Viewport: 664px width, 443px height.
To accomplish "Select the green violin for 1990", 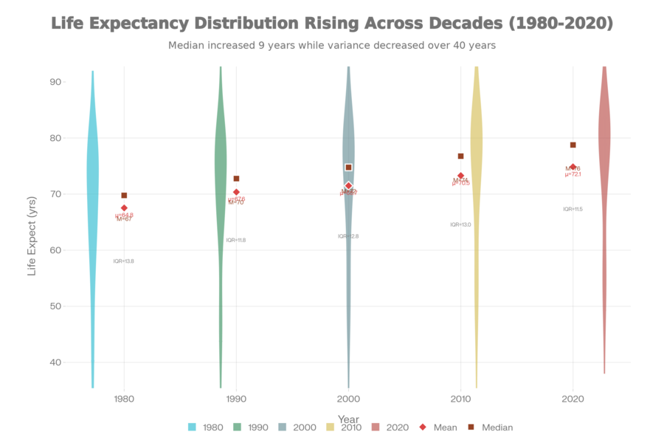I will (x=221, y=170).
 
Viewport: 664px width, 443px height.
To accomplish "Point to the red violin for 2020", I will (x=604, y=148).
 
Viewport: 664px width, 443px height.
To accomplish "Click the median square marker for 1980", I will (x=124, y=196).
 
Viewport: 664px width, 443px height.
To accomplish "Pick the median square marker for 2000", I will (x=348, y=168).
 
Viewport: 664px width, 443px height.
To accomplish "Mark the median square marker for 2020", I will (x=573, y=145).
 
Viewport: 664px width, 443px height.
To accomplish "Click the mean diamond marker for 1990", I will (x=236, y=192).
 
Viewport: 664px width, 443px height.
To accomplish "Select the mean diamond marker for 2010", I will (x=460, y=176).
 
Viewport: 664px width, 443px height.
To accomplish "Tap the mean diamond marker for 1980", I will (x=124, y=207).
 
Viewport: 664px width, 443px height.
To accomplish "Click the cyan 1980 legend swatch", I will (x=192, y=427).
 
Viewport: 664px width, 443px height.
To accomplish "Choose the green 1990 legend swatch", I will (x=237, y=427).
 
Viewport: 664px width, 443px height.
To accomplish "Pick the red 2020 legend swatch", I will (x=375, y=427).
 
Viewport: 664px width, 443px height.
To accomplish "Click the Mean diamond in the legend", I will (x=423, y=427).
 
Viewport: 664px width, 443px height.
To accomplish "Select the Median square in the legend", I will (x=470, y=427).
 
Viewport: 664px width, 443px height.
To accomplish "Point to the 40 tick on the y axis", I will (x=55, y=362).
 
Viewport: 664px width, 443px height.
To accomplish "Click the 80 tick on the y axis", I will (x=55, y=138).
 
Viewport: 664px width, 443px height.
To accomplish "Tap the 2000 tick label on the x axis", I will (x=348, y=399).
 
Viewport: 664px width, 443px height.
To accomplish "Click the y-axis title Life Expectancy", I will (x=31, y=236).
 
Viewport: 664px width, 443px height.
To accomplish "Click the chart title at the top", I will (x=332, y=23).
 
